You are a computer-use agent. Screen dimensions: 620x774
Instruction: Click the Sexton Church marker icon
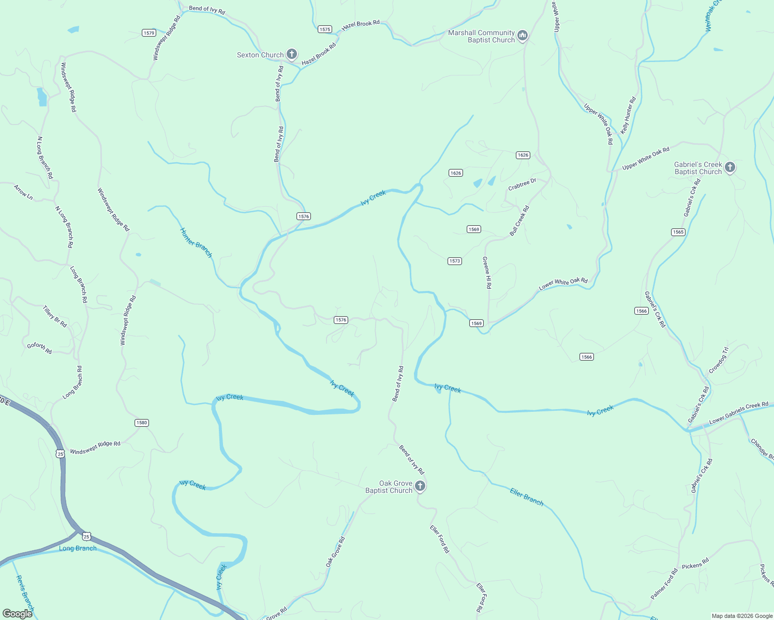(292, 54)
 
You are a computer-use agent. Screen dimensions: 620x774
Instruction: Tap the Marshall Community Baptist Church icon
(523, 35)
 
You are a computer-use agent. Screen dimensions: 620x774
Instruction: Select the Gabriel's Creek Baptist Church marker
(730, 167)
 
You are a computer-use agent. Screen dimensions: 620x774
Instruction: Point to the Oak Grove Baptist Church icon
(421, 486)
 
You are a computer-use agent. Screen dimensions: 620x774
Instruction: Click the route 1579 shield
(149, 33)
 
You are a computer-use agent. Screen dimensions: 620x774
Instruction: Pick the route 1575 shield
(325, 29)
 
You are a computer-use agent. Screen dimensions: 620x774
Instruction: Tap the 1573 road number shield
(455, 261)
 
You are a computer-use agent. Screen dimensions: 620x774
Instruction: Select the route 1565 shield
(678, 232)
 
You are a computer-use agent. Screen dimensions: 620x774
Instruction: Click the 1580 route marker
(142, 423)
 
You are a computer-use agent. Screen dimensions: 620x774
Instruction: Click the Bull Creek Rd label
(519, 221)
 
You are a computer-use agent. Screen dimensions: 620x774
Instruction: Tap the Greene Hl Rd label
(487, 272)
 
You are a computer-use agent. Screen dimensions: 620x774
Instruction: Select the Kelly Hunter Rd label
(628, 116)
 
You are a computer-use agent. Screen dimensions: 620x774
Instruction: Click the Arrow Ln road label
(23, 192)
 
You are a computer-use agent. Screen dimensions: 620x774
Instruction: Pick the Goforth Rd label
(39, 348)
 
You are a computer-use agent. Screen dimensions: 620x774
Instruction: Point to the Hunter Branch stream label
(196, 242)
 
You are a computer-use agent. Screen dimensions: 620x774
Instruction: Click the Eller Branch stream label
(527, 497)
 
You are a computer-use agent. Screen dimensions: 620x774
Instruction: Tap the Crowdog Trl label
(719, 360)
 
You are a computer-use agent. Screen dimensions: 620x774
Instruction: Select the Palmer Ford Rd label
(664, 584)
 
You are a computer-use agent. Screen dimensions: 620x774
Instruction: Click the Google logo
(18, 614)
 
